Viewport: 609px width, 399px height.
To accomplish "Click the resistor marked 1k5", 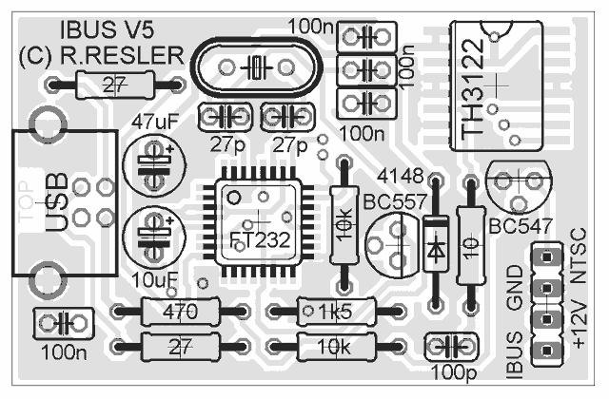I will (x=334, y=310).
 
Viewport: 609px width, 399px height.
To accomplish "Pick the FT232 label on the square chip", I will (x=260, y=239).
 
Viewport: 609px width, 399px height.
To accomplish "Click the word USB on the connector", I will (x=57, y=202).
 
